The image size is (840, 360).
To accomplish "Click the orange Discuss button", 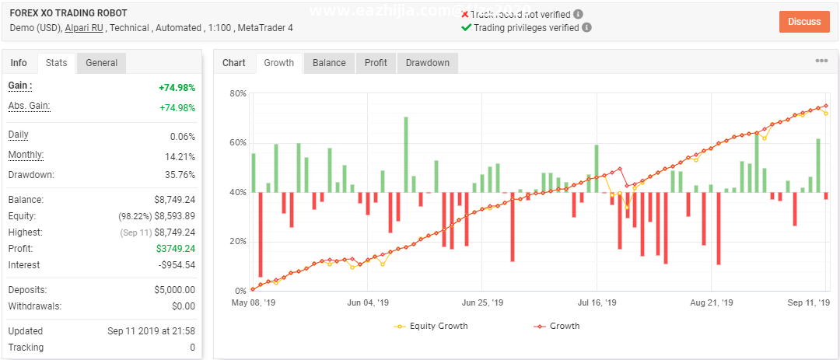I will [803, 21].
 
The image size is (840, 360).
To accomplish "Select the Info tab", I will [19, 63].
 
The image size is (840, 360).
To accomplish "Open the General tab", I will [101, 63].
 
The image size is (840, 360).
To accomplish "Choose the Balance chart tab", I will [329, 63].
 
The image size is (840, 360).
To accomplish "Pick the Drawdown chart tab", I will [428, 63].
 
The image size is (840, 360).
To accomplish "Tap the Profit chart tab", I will [376, 63].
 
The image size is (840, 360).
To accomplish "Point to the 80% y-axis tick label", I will [238, 93].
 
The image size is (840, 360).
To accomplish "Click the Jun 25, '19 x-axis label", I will [483, 302].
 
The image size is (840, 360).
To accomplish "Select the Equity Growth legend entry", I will [432, 326].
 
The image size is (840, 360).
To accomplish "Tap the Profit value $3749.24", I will [175, 249].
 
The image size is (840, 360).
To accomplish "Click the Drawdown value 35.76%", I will [180, 175].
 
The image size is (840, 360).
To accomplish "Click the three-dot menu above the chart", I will [821, 61].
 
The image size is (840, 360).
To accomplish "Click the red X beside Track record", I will [465, 14].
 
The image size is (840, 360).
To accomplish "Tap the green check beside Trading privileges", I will [466, 27].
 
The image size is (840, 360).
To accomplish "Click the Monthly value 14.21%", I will [180, 156].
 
